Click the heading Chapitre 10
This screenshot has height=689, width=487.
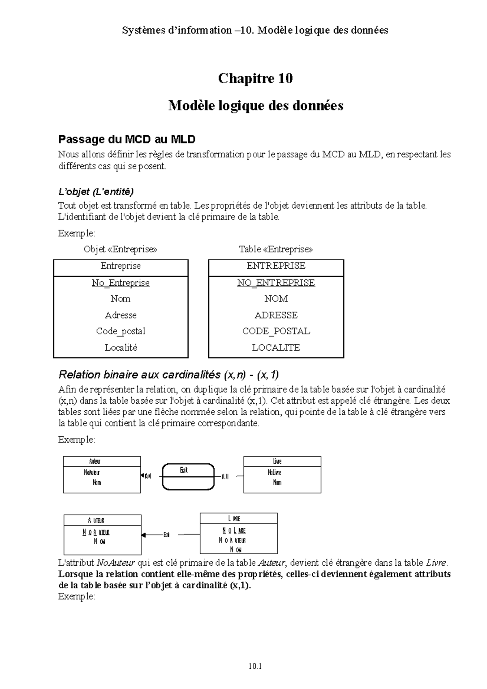pyautogui.click(x=255, y=78)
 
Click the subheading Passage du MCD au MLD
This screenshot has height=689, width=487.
pyautogui.click(x=127, y=140)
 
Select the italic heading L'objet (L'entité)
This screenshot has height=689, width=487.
pyautogui.click(x=96, y=191)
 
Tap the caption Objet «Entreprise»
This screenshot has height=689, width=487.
pyautogui.click(x=120, y=249)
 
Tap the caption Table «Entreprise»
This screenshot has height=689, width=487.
pyautogui.click(x=276, y=249)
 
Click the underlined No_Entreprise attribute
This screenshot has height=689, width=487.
pyautogui.click(x=121, y=283)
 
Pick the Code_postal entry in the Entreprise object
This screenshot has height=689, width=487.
pyautogui.click(x=121, y=331)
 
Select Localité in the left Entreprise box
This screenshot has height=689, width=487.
pyautogui.click(x=121, y=348)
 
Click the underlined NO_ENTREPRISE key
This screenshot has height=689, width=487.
pyautogui.click(x=276, y=283)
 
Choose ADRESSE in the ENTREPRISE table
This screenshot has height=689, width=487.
pyautogui.click(x=276, y=315)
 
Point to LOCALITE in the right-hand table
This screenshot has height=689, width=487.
pyautogui.click(x=276, y=348)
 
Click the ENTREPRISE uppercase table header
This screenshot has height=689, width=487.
pyautogui.click(x=276, y=266)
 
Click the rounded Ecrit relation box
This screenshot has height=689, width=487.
pyautogui.click(x=188, y=477)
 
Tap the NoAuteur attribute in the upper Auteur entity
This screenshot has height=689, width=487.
pyautogui.click(x=92, y=473)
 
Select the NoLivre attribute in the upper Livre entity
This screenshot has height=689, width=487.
pyautogui.click(x=274, y=473)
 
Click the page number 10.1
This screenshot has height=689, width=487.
pyautogui.click(x=256, y=666)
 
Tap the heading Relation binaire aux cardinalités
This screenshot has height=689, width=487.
pyautogui.click(x=168, y=374)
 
